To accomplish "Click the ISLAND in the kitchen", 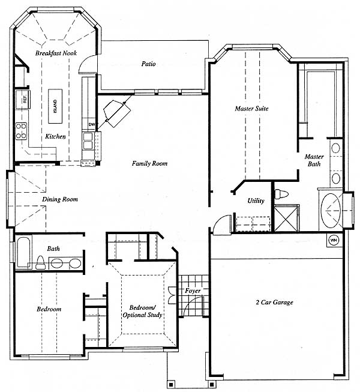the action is pyautogui.click(x=55, y=106).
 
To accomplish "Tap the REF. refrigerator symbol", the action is pyautogui.click(x=23, y=100).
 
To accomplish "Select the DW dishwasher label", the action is pyautogui.click(x=91, y=124).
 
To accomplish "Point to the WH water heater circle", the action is pyautogui.click(x=334, y=241).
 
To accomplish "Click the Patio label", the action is pyautogui.click(x=148, y=64).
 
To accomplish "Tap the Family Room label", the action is pyautogui.click(x=149, y=163).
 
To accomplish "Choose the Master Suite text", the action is pyautogui.click(x=251, y=109).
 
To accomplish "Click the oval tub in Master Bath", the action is pyautogui.click(x=331, y=211).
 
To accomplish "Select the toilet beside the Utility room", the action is pyautogui.click(x=281, y=194).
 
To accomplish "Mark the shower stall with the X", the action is pyautogui.click(x=287, y=218).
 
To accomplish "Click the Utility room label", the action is pyautogui.click(x=256, y=201).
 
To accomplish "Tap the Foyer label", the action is pyautogui.click(x=193, y=291).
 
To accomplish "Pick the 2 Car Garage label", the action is pyautogui.click(x=274, y=302).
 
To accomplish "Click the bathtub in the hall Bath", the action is pyautogui.click(x=24, y=252).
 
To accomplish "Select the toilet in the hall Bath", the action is pyautogui.click(x=40, y=262).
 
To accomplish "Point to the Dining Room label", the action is pyautogui.click(x=60, y=199).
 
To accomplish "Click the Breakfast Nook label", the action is pyautogui.click(x=56, y=53).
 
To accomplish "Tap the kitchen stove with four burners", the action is pyautogui.click(x=21, y=131).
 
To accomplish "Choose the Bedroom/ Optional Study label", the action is pyautogui.click(x=142, y=311).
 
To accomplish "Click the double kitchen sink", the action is pyautogui.click(x=88, y=141).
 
